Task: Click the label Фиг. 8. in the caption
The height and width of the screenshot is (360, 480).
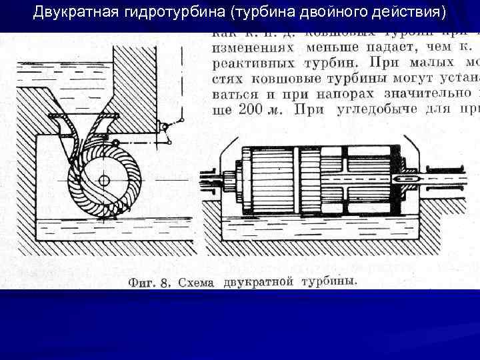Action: (x=149, y=283)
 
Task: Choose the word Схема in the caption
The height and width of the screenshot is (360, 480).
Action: (x=197, y=283)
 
